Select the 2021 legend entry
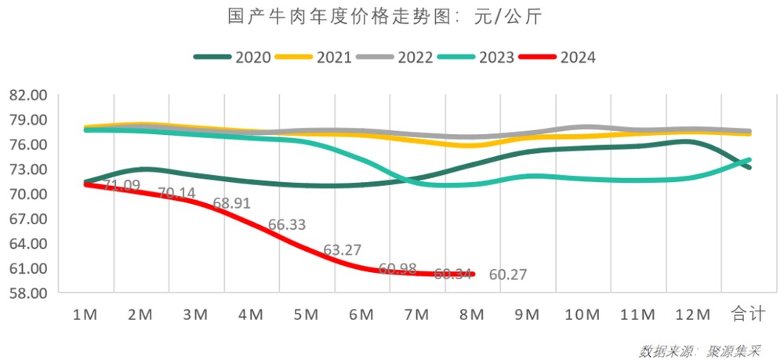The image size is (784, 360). pyautogui.click(x=334, y=57)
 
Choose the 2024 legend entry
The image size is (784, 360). pyautogui.click(x=577, y=57)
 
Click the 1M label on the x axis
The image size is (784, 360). pyautogui.click(x=85, y=315)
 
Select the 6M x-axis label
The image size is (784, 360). pyautogui.click(x=361, y=315)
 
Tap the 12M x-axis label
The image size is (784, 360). pyautogui.click(x=692, y=315)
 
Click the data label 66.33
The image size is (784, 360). pyautogui.click(x=287, y=225)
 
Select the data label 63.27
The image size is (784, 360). pyautogui.click(x=342, y=251)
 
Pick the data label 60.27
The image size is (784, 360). pyautogui.click(x=507, y=275)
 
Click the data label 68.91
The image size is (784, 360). pyautogui.click(x=231, y=203)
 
